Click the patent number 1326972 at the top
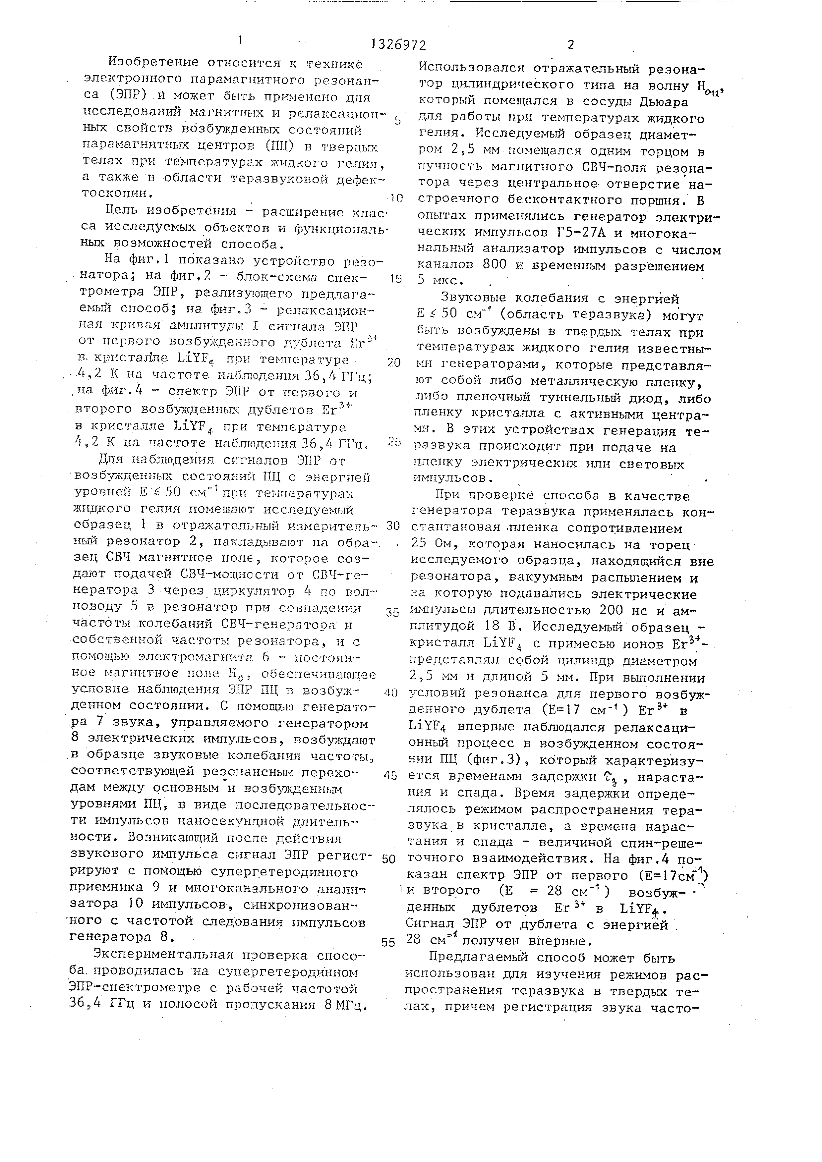[398, 45]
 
